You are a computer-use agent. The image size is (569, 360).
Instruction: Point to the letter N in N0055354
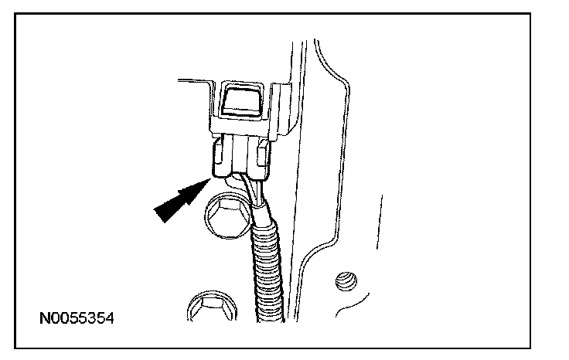pyautogui.click(x=45, y=318)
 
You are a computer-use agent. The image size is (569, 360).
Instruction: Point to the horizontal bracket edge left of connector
pyautogui.click(x=193, y=79)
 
